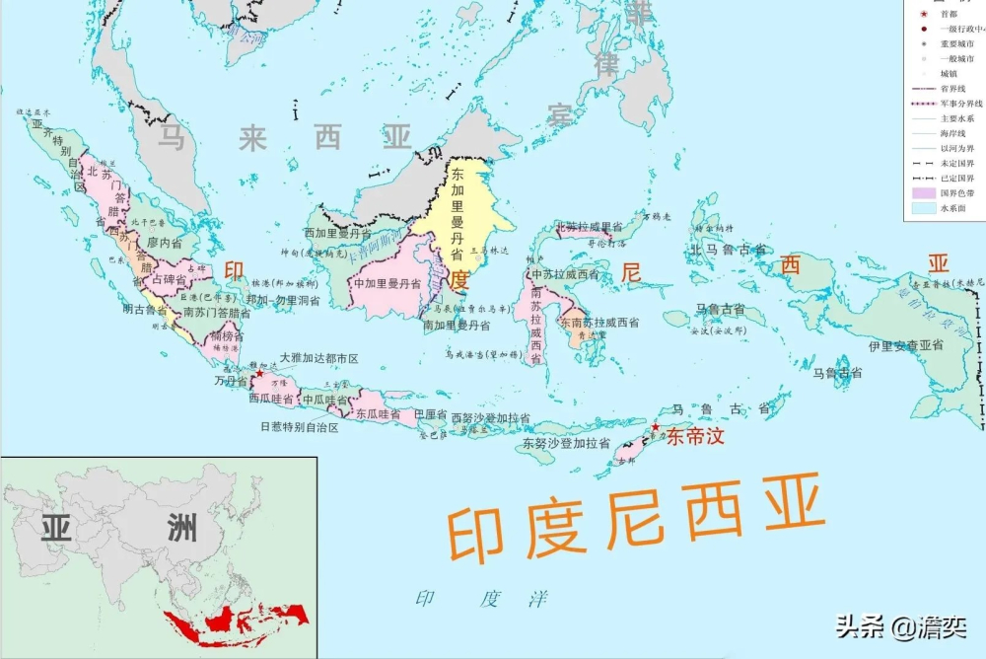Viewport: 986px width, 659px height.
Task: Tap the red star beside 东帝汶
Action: [x=655, y=427]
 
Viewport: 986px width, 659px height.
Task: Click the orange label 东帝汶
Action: [x=695, y=437]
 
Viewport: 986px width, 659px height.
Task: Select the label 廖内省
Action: [x=165, y=242]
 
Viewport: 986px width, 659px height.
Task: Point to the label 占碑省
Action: [x=168, y=280]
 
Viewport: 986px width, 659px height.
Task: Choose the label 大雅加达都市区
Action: [x=318, y=357]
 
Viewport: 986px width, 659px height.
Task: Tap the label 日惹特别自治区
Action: [x=299, y=427]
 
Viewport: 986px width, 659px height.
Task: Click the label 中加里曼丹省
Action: [x=387, y=283]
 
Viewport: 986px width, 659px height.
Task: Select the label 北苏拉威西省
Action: [x=591, y=226]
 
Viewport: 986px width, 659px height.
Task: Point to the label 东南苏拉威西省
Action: [x=599, y=323]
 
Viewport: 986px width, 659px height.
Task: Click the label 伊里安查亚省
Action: [x=906, y=345]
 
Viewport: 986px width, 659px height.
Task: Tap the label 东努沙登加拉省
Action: [x=569, y=444]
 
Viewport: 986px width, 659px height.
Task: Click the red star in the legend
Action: [x=923, y=13]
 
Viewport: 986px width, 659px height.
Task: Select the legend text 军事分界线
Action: [x=960, y=103]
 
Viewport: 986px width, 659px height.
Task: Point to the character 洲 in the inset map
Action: [x=179, y=530]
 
